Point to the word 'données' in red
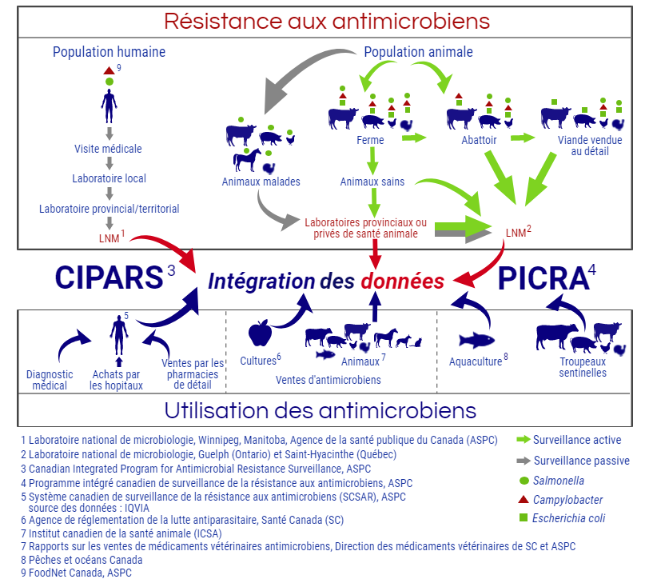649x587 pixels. (401, 281)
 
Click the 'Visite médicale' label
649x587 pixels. (109, 149)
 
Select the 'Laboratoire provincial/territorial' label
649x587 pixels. (109, 209)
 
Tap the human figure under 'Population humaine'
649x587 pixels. (109, 102)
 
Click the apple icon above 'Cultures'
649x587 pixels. (261, 333)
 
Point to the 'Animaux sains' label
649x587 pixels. (372, 182)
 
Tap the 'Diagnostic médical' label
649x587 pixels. (50, 380)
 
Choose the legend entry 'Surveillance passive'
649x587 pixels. (581, 461)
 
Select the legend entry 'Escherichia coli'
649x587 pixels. (570, 518)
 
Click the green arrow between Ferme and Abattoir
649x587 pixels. (413, 138)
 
